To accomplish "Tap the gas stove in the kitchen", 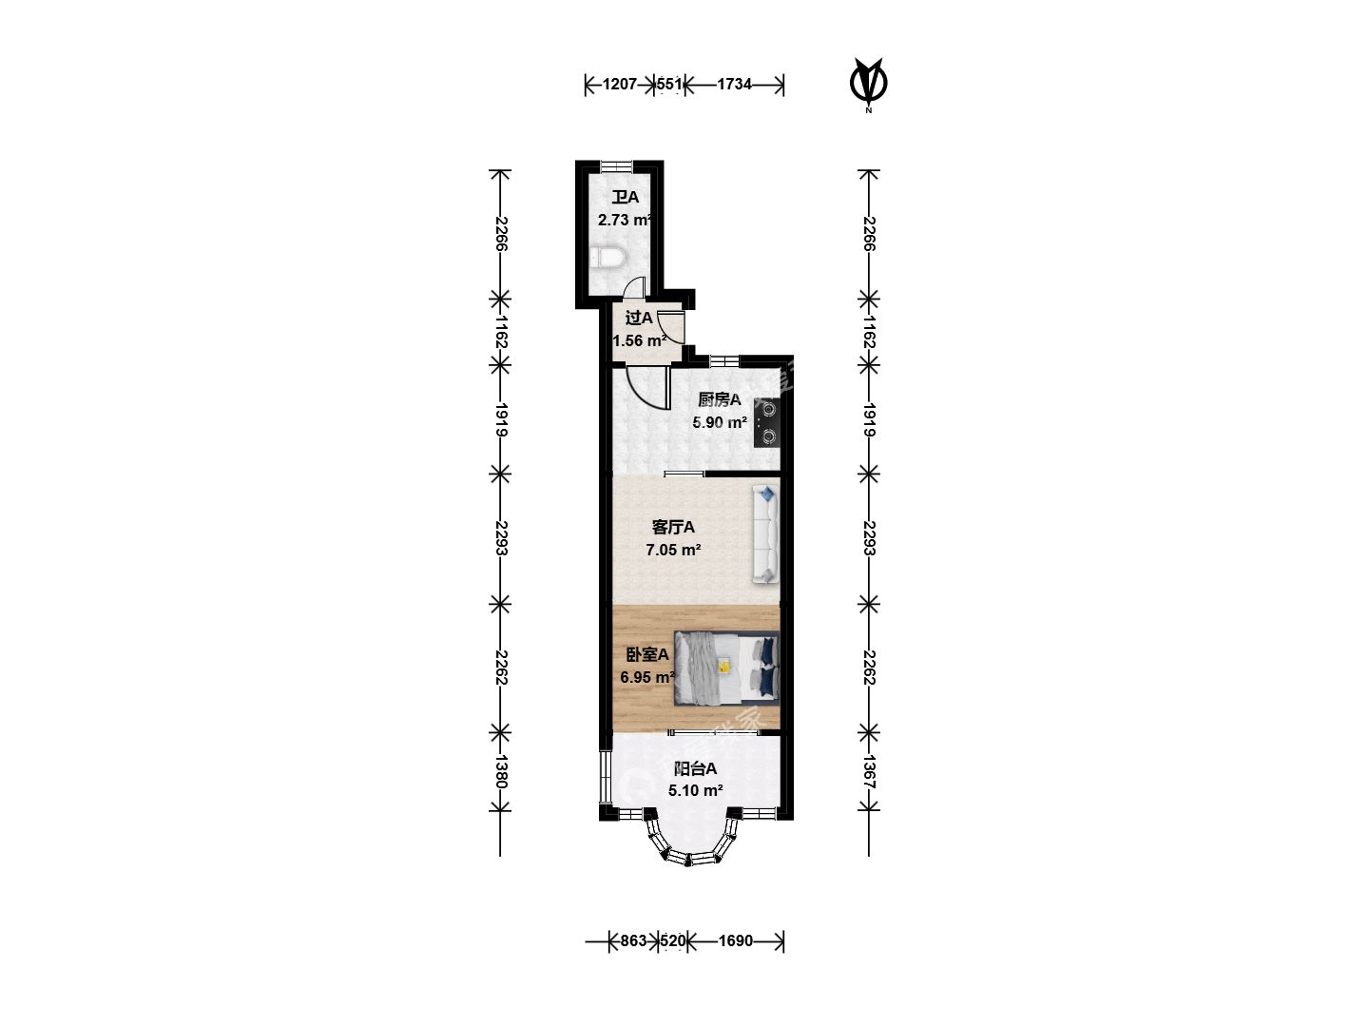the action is (766, 423).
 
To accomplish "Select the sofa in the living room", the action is (766, 534).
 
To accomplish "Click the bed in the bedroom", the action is (726, 668).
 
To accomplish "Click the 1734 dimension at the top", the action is (734, 85).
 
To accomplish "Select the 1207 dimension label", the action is (619, 85).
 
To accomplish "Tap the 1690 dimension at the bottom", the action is (736, 940).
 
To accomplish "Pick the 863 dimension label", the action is (634, 940).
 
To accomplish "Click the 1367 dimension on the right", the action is (870, 772).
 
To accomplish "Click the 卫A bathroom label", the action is (625, 198).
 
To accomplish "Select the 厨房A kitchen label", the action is (719, 399).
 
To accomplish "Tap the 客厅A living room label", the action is (673, 528).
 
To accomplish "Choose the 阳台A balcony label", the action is (695, 769).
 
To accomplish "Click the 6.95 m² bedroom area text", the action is (647, 677).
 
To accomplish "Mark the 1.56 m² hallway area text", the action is (639, 341).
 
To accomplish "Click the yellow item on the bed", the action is (723, 667).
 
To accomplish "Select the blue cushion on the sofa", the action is (767, 494).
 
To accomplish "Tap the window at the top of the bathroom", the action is (616, 166).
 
